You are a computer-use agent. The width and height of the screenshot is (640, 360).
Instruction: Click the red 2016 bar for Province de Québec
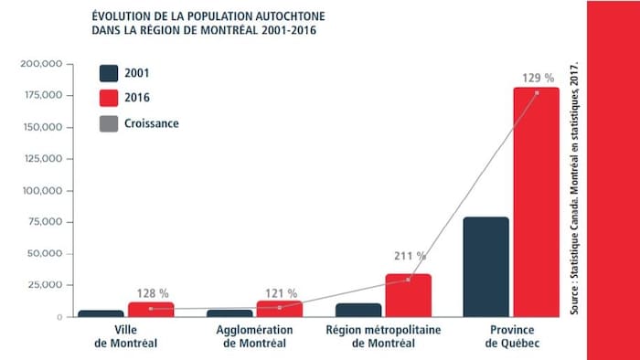(x=536, y=202)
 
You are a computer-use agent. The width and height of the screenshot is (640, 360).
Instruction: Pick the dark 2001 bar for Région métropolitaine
(x=358, y=310)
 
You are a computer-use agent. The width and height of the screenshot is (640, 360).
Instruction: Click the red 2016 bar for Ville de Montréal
(x=151, y=309)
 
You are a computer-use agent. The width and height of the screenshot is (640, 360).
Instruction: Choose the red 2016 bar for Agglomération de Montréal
(x=279, y=308)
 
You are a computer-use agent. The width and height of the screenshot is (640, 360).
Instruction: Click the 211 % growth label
(x=409, y=257)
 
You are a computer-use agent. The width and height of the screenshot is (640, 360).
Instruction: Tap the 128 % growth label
(x=152, y=293)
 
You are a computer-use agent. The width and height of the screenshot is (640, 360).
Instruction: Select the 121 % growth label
(x=280, y=293)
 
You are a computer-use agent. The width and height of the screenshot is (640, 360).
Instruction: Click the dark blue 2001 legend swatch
(x=109, y=74)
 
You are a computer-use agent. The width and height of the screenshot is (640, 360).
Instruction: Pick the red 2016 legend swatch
(x=109, y=99)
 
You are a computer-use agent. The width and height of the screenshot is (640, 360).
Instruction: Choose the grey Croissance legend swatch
(x=109, y=123)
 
